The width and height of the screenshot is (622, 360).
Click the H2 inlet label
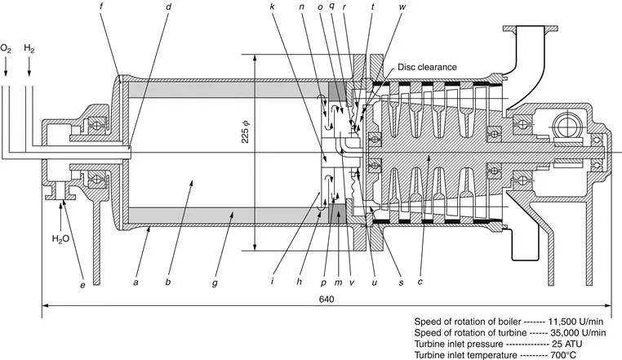[29, 49]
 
